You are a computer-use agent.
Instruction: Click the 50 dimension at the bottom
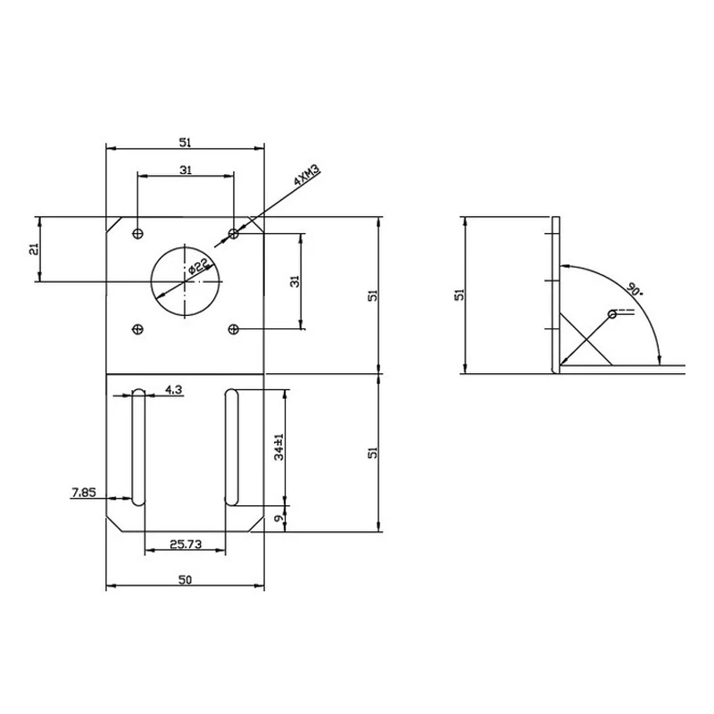coord(186,580)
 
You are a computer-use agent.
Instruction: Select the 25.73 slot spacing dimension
coord(186,543)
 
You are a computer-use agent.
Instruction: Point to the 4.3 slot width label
coord(174,389)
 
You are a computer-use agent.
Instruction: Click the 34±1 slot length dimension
coord(279,447)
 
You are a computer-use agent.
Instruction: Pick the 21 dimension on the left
coord(34,249)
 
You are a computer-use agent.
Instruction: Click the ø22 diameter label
coord(198,266)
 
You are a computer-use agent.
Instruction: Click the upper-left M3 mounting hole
coord(137,233)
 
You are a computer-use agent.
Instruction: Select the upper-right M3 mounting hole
coord(234,233)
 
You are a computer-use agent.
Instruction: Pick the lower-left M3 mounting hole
coord(137,329)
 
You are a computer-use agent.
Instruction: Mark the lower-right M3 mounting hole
coord(234,329)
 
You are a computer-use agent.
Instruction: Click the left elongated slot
coord(137,447)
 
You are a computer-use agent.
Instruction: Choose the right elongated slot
coord(231,447)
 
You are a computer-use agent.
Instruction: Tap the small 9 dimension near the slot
coord(279,518)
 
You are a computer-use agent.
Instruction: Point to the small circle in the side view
coord(611,314)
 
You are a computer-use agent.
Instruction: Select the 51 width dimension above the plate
coord(186,142)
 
